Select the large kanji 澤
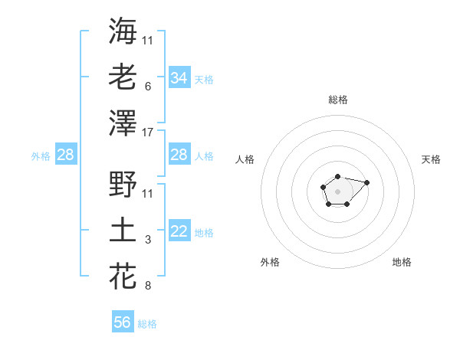(x=123, y=123)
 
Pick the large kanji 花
(x=123, y=276)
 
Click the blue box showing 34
(x=179, y=77)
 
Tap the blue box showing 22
(x=179, y=232)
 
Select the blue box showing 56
(x=123, y=322)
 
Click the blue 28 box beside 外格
(x=65, y=155)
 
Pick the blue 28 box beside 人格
(x=179, y=155)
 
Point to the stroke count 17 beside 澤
(x=149, y=132)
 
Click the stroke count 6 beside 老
(x=147, y=86)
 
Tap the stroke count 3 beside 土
(x=147, y=240)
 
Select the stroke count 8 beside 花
(x=147, y=286)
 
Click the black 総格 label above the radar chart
(x=337, y=100)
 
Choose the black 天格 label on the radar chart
(x=431, y=159)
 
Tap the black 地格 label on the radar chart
(x=402, y=262)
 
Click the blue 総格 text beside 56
(x=147, y=324)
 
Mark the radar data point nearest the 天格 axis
(x=366, y=182)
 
